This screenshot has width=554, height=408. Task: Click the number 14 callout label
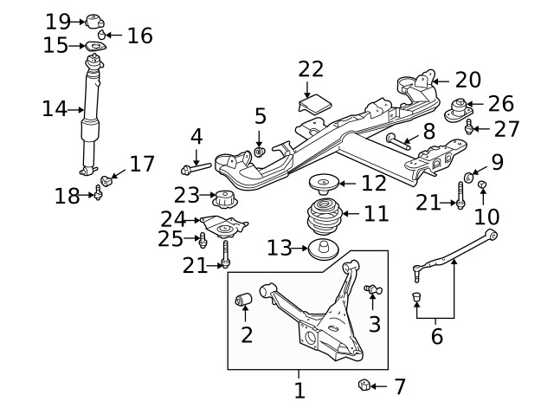tap(55, 109)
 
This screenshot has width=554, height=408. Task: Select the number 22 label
tap(310, 68)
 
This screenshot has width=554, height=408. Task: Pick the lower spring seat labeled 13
tap(323, 249)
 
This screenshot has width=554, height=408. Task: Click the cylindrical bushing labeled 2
tap(244, 301)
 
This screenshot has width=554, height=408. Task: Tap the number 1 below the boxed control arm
tap(299, 390)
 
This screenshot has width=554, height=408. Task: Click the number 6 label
tap(437, 335)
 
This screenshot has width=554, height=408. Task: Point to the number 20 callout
tap(467, 80)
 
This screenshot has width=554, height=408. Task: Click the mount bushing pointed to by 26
tap(460, 110)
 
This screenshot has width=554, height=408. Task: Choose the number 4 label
tap(196, 136)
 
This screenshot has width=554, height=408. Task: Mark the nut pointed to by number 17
tap(109, 180)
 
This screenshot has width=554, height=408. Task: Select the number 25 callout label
tap(171, 238)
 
